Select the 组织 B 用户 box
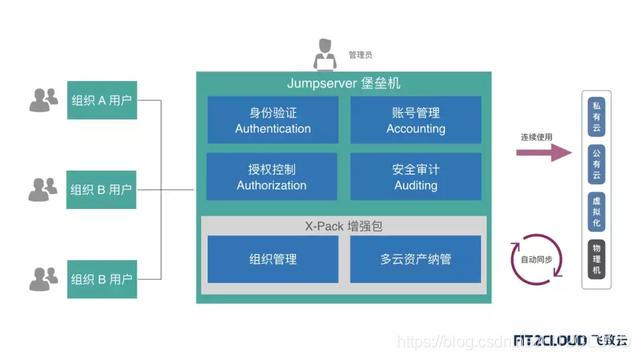pyautogui.click(x=101, y=189)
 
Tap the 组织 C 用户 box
pyautogui.click(x=101, y=277)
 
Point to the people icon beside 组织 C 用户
pyautogui.click(x=44, y=277)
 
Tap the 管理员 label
pyautogui.click(x=362, y=55)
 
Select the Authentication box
pyautogui.click(x=272, y=120)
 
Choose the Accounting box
pyautogui.click(x=415, y=120)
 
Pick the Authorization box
pyautogui.click(x=272, y=177)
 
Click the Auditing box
pyautogui.click(x=415, y=177)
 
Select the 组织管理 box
pyautogui.click(x=272, y=259)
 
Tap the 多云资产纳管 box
pyautogui.click(x=415, y=259)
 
